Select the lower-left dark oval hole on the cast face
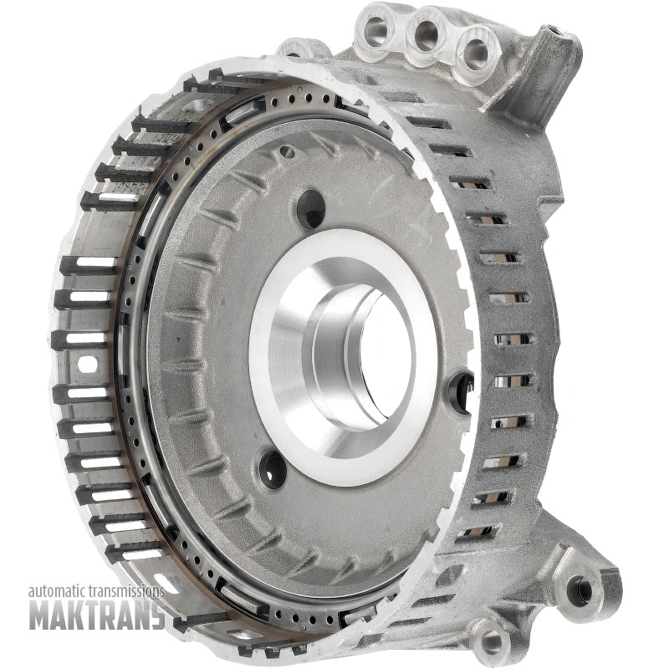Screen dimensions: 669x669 [272, 468]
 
